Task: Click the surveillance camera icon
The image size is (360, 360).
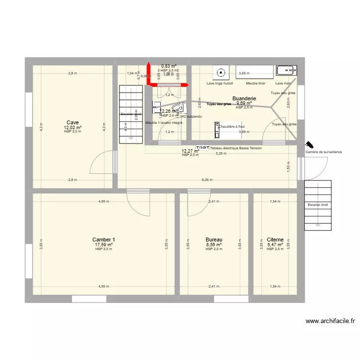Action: [310, 144]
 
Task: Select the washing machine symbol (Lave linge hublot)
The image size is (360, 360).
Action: [221, 72]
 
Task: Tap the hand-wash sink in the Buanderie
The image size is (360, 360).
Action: [287, 71]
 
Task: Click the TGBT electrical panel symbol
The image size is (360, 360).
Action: [203, 148]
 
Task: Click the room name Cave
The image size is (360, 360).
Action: [72, 122]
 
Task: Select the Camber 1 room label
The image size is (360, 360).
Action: [104, 240]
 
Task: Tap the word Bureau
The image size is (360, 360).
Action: [214, 240]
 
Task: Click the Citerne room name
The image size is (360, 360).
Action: [275, 240]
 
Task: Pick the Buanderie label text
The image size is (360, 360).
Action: [244, 98]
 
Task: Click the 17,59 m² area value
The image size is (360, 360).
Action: [104, 244]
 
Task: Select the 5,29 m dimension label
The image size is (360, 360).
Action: [221, 154]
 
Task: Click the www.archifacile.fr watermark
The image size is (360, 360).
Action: [329, 321]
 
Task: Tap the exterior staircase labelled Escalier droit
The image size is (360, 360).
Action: [317, 204]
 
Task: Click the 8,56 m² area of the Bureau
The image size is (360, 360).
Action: [214, 244]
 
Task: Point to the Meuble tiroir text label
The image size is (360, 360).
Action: [255, 83]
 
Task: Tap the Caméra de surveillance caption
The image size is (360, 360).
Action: [324, 152]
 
